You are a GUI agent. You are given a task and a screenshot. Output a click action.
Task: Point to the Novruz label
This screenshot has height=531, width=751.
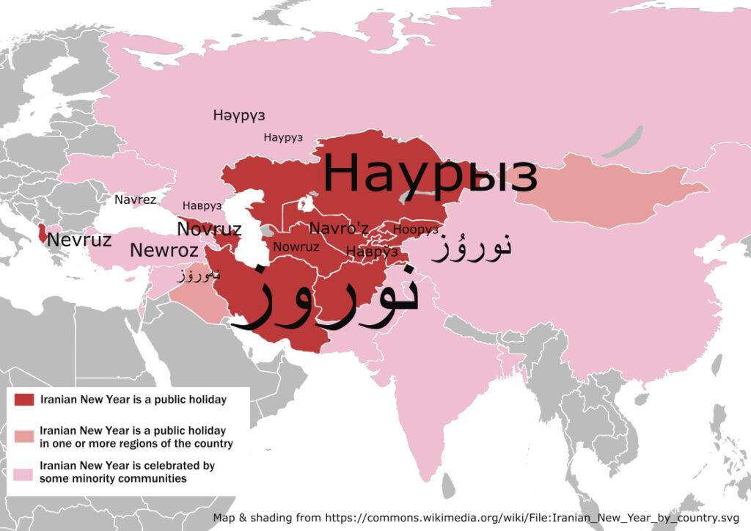pyautogui.click(x=209, y=229)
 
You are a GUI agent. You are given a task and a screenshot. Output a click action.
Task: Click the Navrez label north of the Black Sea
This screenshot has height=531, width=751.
pyautogui.click(x=135, y=199)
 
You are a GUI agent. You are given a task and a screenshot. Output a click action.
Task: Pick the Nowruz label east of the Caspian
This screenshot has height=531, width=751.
pyautogui.click(x=296, y=246)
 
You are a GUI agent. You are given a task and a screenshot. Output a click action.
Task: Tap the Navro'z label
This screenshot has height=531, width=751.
pyautogui.click(x=339, y=228)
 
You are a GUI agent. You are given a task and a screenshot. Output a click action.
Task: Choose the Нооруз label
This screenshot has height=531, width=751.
pyautogui.click(x=416, y=230)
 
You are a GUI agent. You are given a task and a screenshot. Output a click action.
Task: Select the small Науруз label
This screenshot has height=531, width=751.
pyautogui.click(x=283, y=138)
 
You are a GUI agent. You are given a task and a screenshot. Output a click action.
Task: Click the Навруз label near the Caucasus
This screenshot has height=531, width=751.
pyautogui.click(x=202, y=206)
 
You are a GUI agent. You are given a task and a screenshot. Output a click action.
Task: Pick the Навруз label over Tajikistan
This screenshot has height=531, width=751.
pyautogui.click(x=372, y=252)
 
